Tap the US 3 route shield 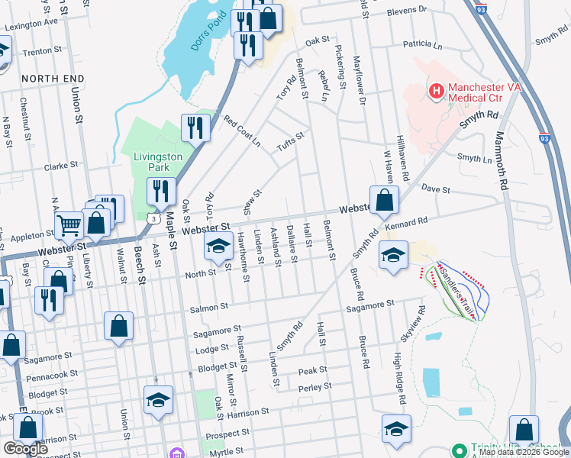tap(147, 220)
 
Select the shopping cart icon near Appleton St tap(69, 224)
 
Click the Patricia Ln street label tap(417, 45)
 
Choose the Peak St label tap(312, 370)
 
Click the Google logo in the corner tap(26, 449)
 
